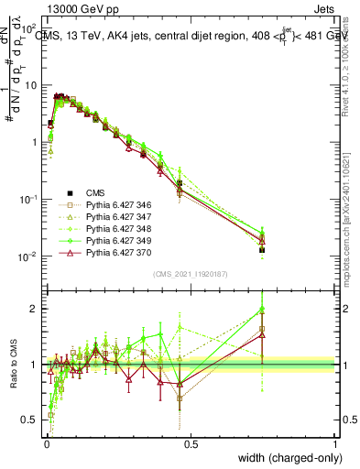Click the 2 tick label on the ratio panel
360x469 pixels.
(x=34, y=309)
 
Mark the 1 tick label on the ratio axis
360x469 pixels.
(x=34, y=365)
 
